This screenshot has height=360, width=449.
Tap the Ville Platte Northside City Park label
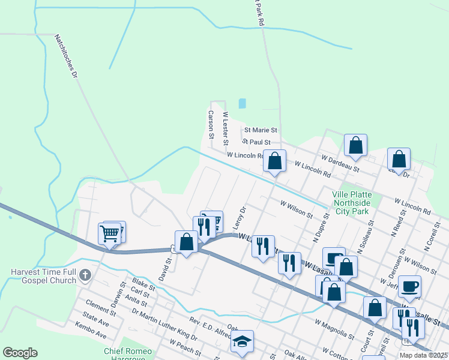click(352, 203)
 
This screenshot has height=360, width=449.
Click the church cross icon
click(85, 275)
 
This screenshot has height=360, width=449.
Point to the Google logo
click(20, 353)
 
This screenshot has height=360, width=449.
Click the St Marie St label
click(259, 130)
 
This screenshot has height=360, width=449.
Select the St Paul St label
click(257, 142)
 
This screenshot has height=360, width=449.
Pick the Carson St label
click(211, 124)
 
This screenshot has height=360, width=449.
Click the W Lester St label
click(226, 128)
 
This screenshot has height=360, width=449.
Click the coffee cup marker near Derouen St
click(409, 286)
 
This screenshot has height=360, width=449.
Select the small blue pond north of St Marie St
click(242, 103)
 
